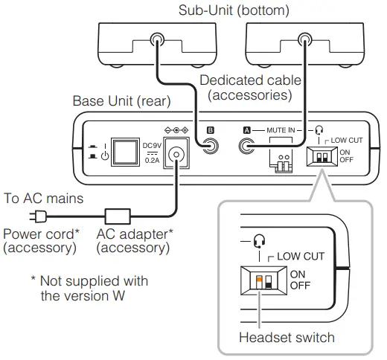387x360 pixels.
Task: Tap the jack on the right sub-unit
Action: coord(304,42)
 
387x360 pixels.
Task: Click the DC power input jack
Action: coord(176,155)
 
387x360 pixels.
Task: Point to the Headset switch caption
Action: coord(287,337)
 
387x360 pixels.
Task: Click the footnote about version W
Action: coord(89,288)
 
